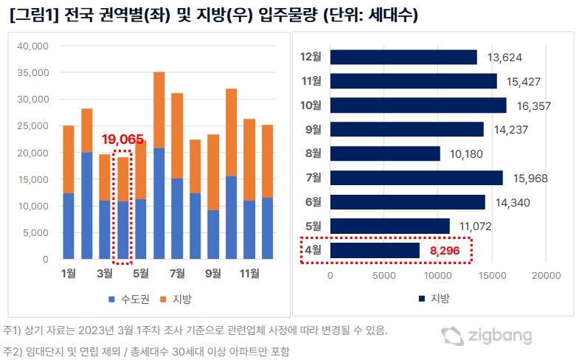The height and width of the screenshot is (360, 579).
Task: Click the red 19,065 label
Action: [x=122, y=139]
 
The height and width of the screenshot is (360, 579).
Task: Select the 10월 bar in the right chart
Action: [x=418, y=105]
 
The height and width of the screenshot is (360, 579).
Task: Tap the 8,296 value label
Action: [x=445, y=251]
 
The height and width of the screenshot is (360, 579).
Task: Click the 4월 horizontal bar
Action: [x=375, y=250]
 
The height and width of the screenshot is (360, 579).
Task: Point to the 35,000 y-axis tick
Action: [x=33, y=73]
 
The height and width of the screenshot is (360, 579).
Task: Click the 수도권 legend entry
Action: [x=129, y=299]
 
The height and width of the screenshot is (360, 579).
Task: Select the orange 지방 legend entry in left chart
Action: [x=176, y=299]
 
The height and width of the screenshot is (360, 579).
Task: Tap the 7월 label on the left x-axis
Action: [x=177, y=273]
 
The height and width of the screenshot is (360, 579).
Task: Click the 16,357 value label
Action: [x=533, y=106]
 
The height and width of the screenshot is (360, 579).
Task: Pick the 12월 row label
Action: [x=311, y=57]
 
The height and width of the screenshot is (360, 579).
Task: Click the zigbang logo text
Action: [x=500, y=335]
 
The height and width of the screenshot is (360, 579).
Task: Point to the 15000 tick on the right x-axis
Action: [x=492, y=275]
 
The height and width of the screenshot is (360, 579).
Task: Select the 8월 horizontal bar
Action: [x=385, y=153]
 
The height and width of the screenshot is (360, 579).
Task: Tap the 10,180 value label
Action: [x=466, y=154]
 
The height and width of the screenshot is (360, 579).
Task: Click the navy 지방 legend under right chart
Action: [x=434, y=298]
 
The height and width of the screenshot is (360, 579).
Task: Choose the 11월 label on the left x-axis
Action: [x=249, y=273]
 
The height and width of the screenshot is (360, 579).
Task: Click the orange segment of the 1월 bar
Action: [x=69, y=159]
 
